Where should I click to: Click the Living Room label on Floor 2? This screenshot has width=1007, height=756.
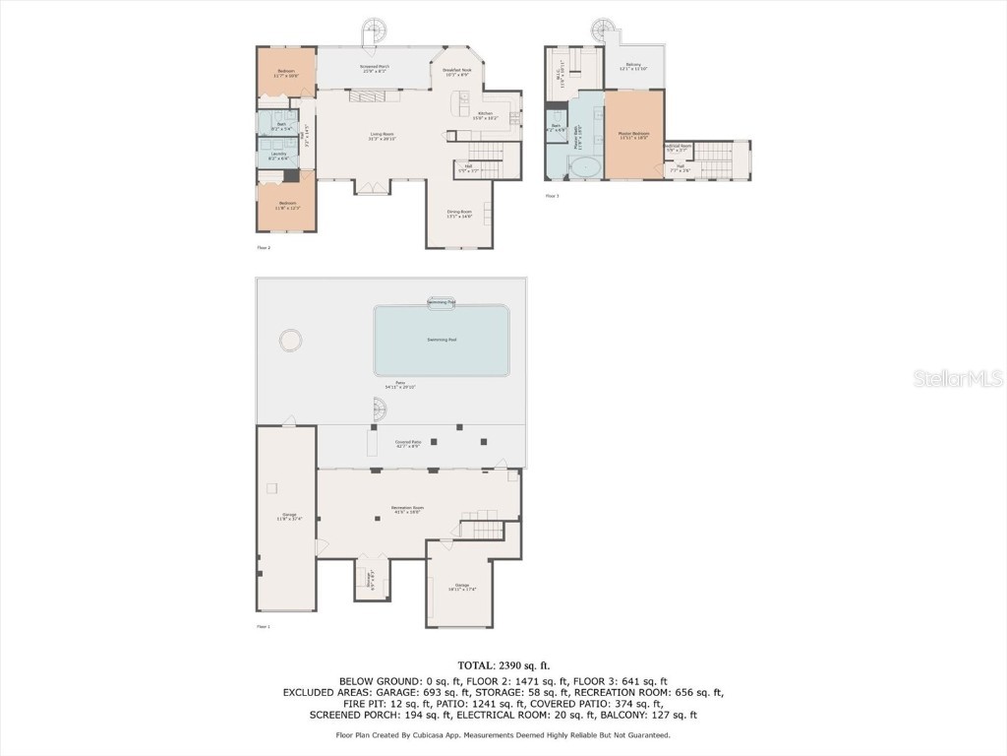click(382, 136)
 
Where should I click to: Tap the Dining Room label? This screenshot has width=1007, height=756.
click(460, 214)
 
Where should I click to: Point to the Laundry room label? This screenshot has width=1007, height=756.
click(278, 156)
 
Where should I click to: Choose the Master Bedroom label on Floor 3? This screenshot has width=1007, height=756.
click(633, 134)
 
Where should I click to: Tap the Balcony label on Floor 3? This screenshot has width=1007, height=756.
click(634, 66)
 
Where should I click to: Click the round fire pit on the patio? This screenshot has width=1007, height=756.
click(290, 341)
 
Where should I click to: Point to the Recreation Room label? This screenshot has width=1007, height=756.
click(407, 509)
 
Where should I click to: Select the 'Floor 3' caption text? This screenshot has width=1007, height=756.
click(552, 196)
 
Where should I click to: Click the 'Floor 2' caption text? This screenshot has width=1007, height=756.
click(264, 247)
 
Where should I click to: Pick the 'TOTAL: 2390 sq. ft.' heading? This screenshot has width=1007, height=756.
click(503, 666)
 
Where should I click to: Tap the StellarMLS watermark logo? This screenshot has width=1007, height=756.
click(957, 378)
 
